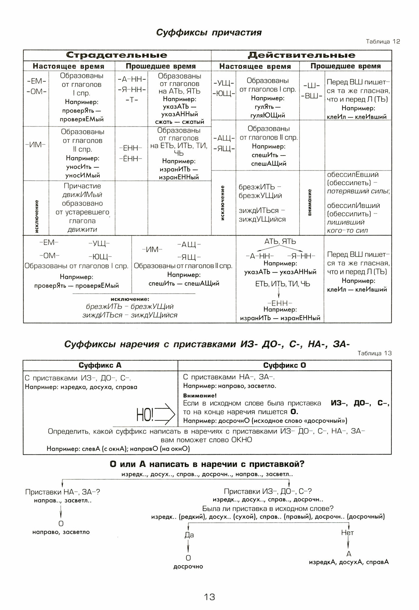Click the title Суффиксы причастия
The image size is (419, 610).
point(209,32)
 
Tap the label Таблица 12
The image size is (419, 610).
point(383,42)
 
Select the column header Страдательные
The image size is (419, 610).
point(117,55)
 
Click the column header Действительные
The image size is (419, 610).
point(301,55)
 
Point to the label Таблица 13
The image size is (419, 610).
point(375,353)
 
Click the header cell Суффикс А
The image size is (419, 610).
point(100,365)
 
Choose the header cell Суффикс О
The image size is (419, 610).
point(284,365)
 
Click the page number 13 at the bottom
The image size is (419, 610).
point(209,597)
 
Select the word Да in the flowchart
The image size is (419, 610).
point(189,535)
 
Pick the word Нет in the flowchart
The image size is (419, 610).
point(347,533)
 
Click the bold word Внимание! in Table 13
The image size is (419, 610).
point(200,396)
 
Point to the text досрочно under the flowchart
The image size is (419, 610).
point(188,566)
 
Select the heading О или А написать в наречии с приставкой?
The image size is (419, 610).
point(207,464)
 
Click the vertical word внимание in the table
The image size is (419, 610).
point(310,203)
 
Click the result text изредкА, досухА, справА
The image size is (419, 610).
point(349,562)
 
